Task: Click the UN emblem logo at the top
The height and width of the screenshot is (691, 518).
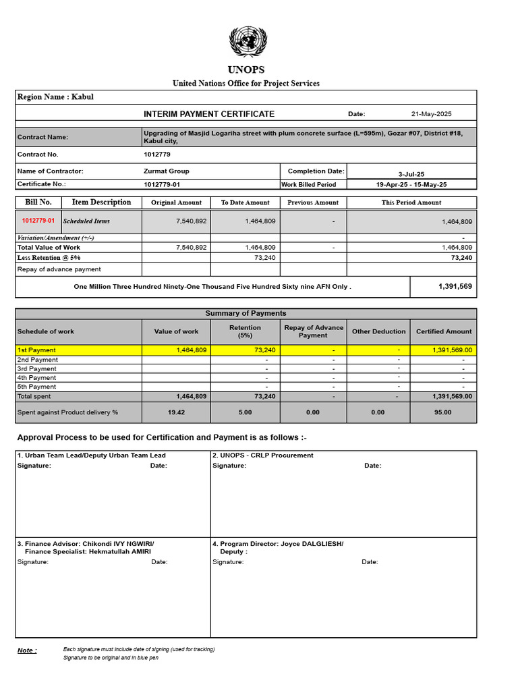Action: (x=248, y=43)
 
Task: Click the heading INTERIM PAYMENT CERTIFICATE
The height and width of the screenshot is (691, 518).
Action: (x=209, y=114)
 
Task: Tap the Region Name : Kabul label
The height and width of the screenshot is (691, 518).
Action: (x=55, y=96)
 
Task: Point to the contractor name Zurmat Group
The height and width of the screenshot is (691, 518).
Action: (x=167, y=171)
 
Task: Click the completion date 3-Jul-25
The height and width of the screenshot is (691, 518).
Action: (x=411, y=173)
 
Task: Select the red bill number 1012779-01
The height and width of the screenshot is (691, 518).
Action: (x=38, y=221)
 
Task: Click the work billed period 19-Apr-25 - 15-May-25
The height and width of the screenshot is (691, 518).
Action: (x=411, y=184)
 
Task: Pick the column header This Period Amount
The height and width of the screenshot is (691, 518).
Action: (x=411, y=202)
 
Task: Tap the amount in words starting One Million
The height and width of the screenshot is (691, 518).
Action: (x=212, y=287)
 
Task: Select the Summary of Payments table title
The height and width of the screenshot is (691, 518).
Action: (x=246, y=313)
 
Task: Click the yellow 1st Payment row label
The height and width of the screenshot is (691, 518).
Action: (x=37, y=350)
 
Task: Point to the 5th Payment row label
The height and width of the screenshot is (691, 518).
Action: (x=37, y=387)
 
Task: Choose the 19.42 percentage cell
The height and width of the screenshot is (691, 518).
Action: (x=177, y=412)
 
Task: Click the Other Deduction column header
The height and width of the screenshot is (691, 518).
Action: (x=379, y=331)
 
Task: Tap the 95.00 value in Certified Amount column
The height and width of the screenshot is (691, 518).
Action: (x=443, y=412)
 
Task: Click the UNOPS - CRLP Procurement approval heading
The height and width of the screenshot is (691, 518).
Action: (x=263, y=455)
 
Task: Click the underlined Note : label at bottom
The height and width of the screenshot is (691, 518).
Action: (x=27, y=651)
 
